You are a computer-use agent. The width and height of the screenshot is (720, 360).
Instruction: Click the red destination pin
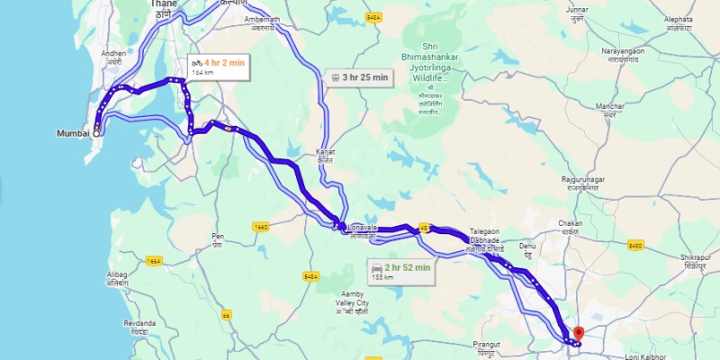click(578, 333)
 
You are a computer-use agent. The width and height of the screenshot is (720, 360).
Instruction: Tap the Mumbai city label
click(72, 132)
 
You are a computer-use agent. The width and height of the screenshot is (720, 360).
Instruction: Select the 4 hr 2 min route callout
click(217, 66)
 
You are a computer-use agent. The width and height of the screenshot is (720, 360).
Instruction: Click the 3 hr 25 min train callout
click(359, 77)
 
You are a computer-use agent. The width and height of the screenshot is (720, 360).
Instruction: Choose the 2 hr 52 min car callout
click(401, 269)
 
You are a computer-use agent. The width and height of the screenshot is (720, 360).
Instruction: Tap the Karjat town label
click(325, 156)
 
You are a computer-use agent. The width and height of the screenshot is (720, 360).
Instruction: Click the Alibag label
click(117, 277)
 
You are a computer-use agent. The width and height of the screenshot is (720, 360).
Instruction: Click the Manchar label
click(610, 110)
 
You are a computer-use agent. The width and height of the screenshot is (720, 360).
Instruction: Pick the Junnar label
click(577, 13)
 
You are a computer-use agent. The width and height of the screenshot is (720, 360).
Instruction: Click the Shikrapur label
click(691, 260)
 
